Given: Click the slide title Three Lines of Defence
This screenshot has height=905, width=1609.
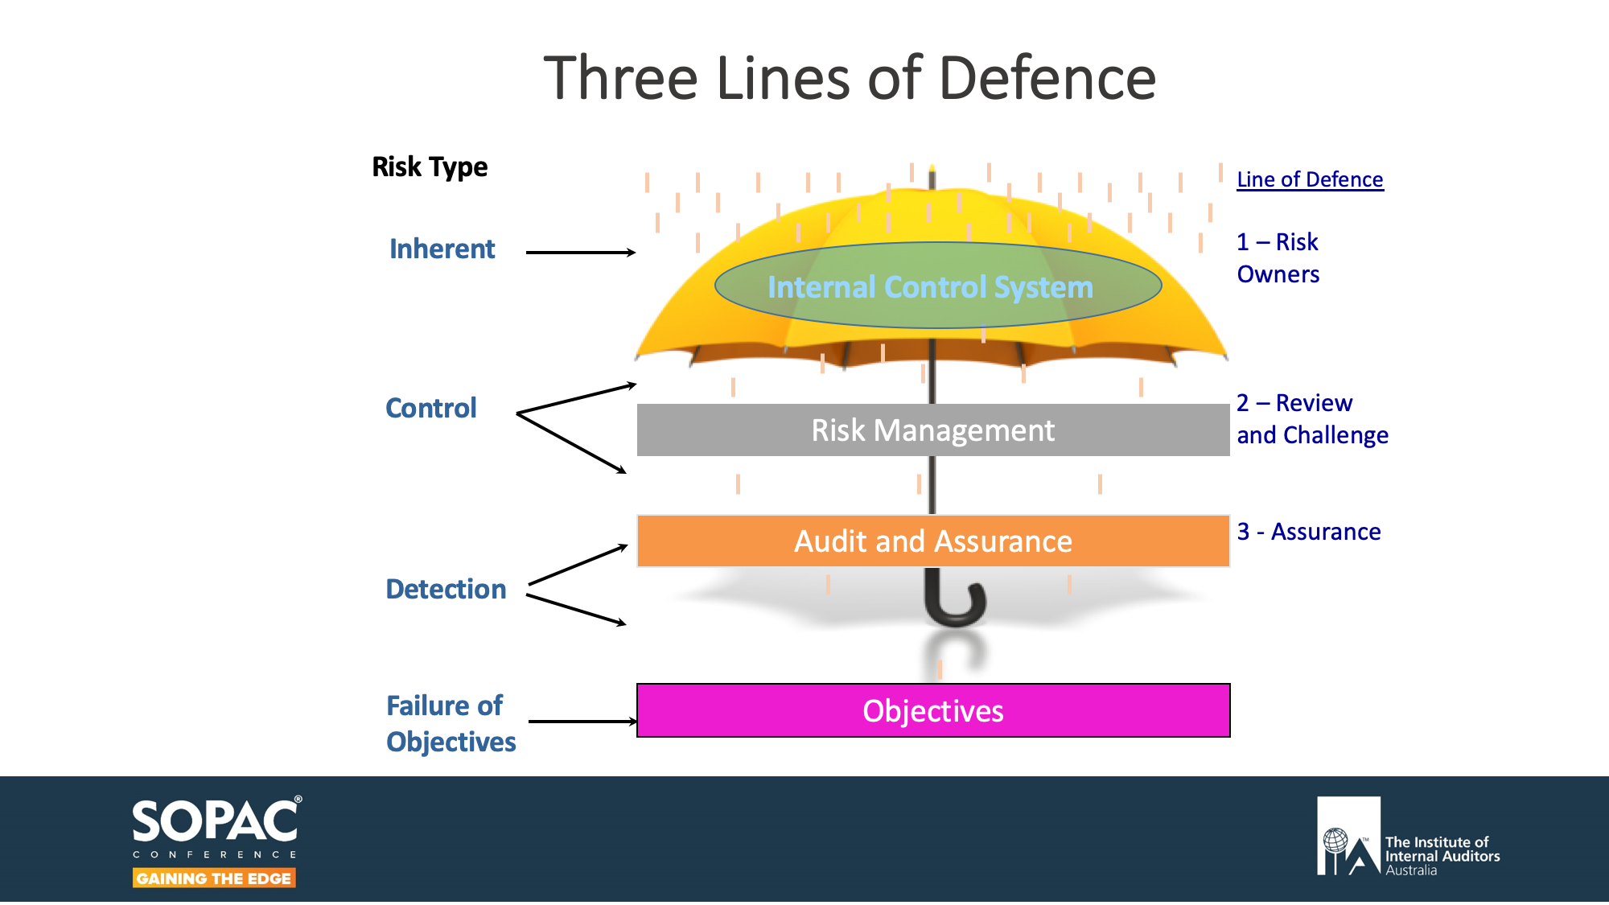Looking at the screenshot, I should (x=850, y=78).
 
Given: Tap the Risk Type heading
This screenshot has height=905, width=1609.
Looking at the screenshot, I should (x=430, y=167).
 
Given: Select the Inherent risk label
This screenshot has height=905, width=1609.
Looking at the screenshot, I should (x=442, y=249).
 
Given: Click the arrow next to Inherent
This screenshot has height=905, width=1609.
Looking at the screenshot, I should (x=580, y=253).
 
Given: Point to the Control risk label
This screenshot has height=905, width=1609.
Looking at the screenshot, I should (x=431, y=409).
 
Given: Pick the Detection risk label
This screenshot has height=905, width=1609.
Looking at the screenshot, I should (x=446, y=590).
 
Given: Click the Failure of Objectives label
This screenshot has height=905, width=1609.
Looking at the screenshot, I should (x=451, y=723).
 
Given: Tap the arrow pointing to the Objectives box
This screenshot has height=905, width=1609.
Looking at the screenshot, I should (x=582, y=722).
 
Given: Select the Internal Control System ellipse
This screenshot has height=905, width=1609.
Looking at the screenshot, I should (x=937, y=286).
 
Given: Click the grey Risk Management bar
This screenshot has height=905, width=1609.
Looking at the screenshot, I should (x=932, y=430).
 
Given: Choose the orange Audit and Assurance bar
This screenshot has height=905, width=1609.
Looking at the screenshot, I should (x=932, y=541).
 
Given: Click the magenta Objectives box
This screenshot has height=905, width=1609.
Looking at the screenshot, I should (x=932, y=711).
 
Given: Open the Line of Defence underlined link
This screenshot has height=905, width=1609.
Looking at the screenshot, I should (x=1310, y=179).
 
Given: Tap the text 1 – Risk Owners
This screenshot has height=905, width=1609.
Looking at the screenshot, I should (x=1278, y=258).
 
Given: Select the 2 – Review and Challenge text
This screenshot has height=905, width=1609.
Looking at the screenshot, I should (x=1312, y=419).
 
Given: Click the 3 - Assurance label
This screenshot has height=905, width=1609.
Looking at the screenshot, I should (x=1309, y=532).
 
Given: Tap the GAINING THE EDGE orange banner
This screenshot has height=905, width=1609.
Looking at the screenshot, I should (x=214, y=878).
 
